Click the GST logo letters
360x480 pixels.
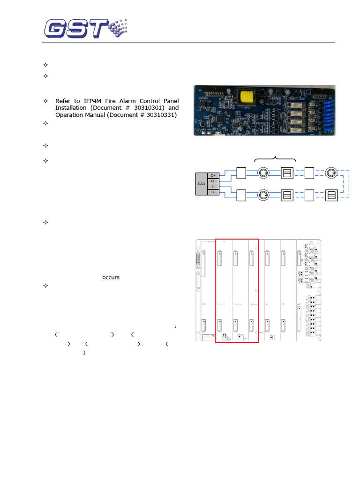coord(77,28)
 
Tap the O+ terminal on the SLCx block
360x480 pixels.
coord(213,175)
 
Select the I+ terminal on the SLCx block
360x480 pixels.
coord(213,192)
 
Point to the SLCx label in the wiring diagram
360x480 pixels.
coord(201,184)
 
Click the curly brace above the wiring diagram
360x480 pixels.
coord(275,159)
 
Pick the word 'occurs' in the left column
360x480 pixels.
coord(111,277)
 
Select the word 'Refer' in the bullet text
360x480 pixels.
coord(64,101)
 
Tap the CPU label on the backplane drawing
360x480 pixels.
coord(204,304)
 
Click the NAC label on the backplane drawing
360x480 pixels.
coord(299,304)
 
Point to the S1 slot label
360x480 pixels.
coord(267,304)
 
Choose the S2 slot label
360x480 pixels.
coord(283,304)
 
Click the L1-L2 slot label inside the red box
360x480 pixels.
coord(222,304)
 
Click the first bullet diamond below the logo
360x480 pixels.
coord(45,65)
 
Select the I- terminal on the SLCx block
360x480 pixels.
coord(213,187)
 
